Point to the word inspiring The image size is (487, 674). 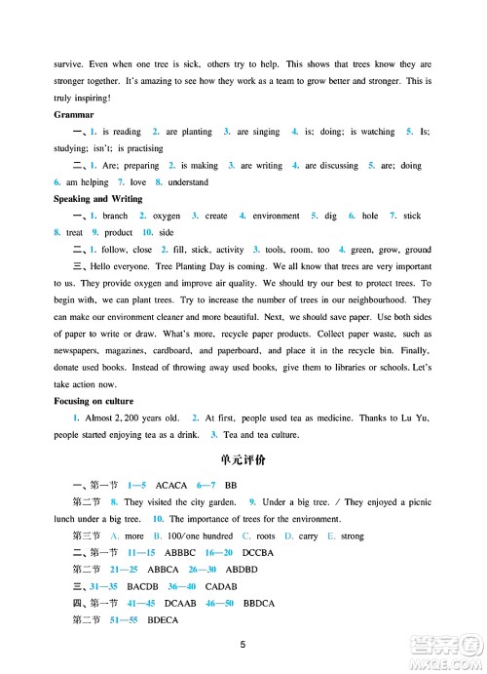pyautogui.click(x=91, y=98)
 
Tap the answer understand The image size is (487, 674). pyautogui.click(x=188, y=182)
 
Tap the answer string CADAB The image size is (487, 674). pyautogui.click(x=220, y=586)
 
